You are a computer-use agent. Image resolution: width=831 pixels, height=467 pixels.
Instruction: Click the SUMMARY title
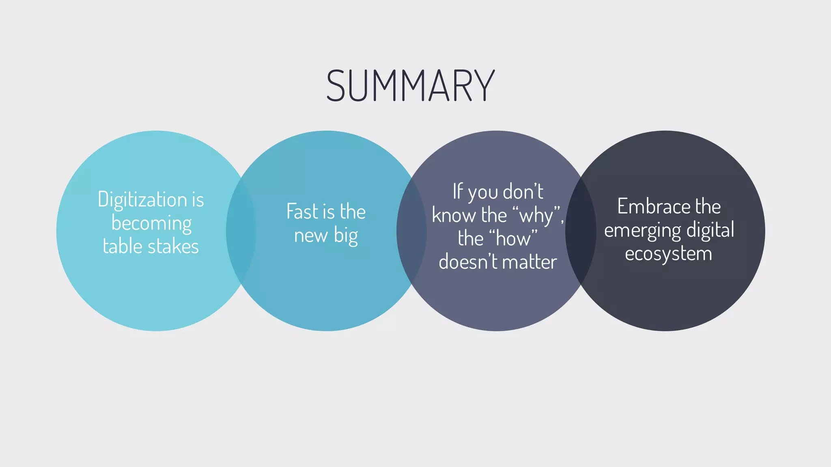[410, 86]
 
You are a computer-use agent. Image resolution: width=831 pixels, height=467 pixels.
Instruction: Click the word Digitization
[142, 200]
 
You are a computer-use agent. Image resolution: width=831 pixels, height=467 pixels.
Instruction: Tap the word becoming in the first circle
[151, 224]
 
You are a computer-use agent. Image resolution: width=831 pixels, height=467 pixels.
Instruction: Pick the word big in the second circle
[346, 236]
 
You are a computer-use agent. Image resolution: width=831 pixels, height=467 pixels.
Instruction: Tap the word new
[311, 236]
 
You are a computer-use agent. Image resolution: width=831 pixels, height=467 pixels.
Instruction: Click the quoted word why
[536, 215]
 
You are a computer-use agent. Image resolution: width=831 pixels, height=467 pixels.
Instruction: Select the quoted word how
[513, 238]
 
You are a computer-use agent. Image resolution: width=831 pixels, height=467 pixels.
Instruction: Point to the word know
[454, 215]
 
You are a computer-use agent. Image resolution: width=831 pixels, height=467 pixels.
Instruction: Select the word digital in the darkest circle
[710, 230]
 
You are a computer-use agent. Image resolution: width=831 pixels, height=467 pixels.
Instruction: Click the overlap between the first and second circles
[241, 231]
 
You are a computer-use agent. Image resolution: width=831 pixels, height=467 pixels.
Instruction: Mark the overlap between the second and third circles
[411, 231]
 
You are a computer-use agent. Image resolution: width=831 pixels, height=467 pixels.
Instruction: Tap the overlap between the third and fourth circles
[581, 231]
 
